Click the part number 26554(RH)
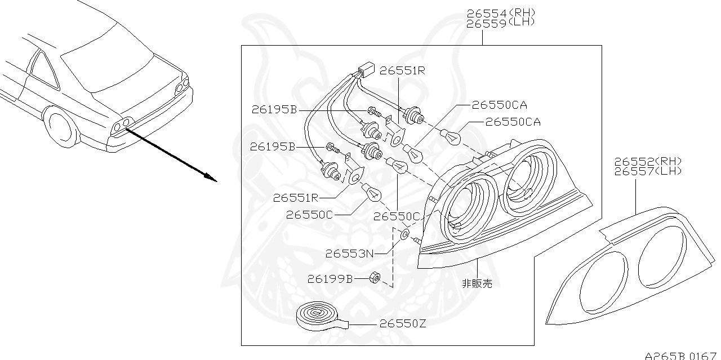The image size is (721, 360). [x=500, y=12]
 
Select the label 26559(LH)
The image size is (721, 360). [x=500, y=23]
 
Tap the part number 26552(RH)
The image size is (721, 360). [x=648, y=161]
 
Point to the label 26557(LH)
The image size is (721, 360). [x=648, y=171]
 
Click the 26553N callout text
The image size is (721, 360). [x=349, y=254]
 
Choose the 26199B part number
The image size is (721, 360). [x=330, y=279]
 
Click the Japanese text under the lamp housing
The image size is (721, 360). [x=477, y=283]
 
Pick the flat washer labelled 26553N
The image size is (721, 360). [x=404, y=234]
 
